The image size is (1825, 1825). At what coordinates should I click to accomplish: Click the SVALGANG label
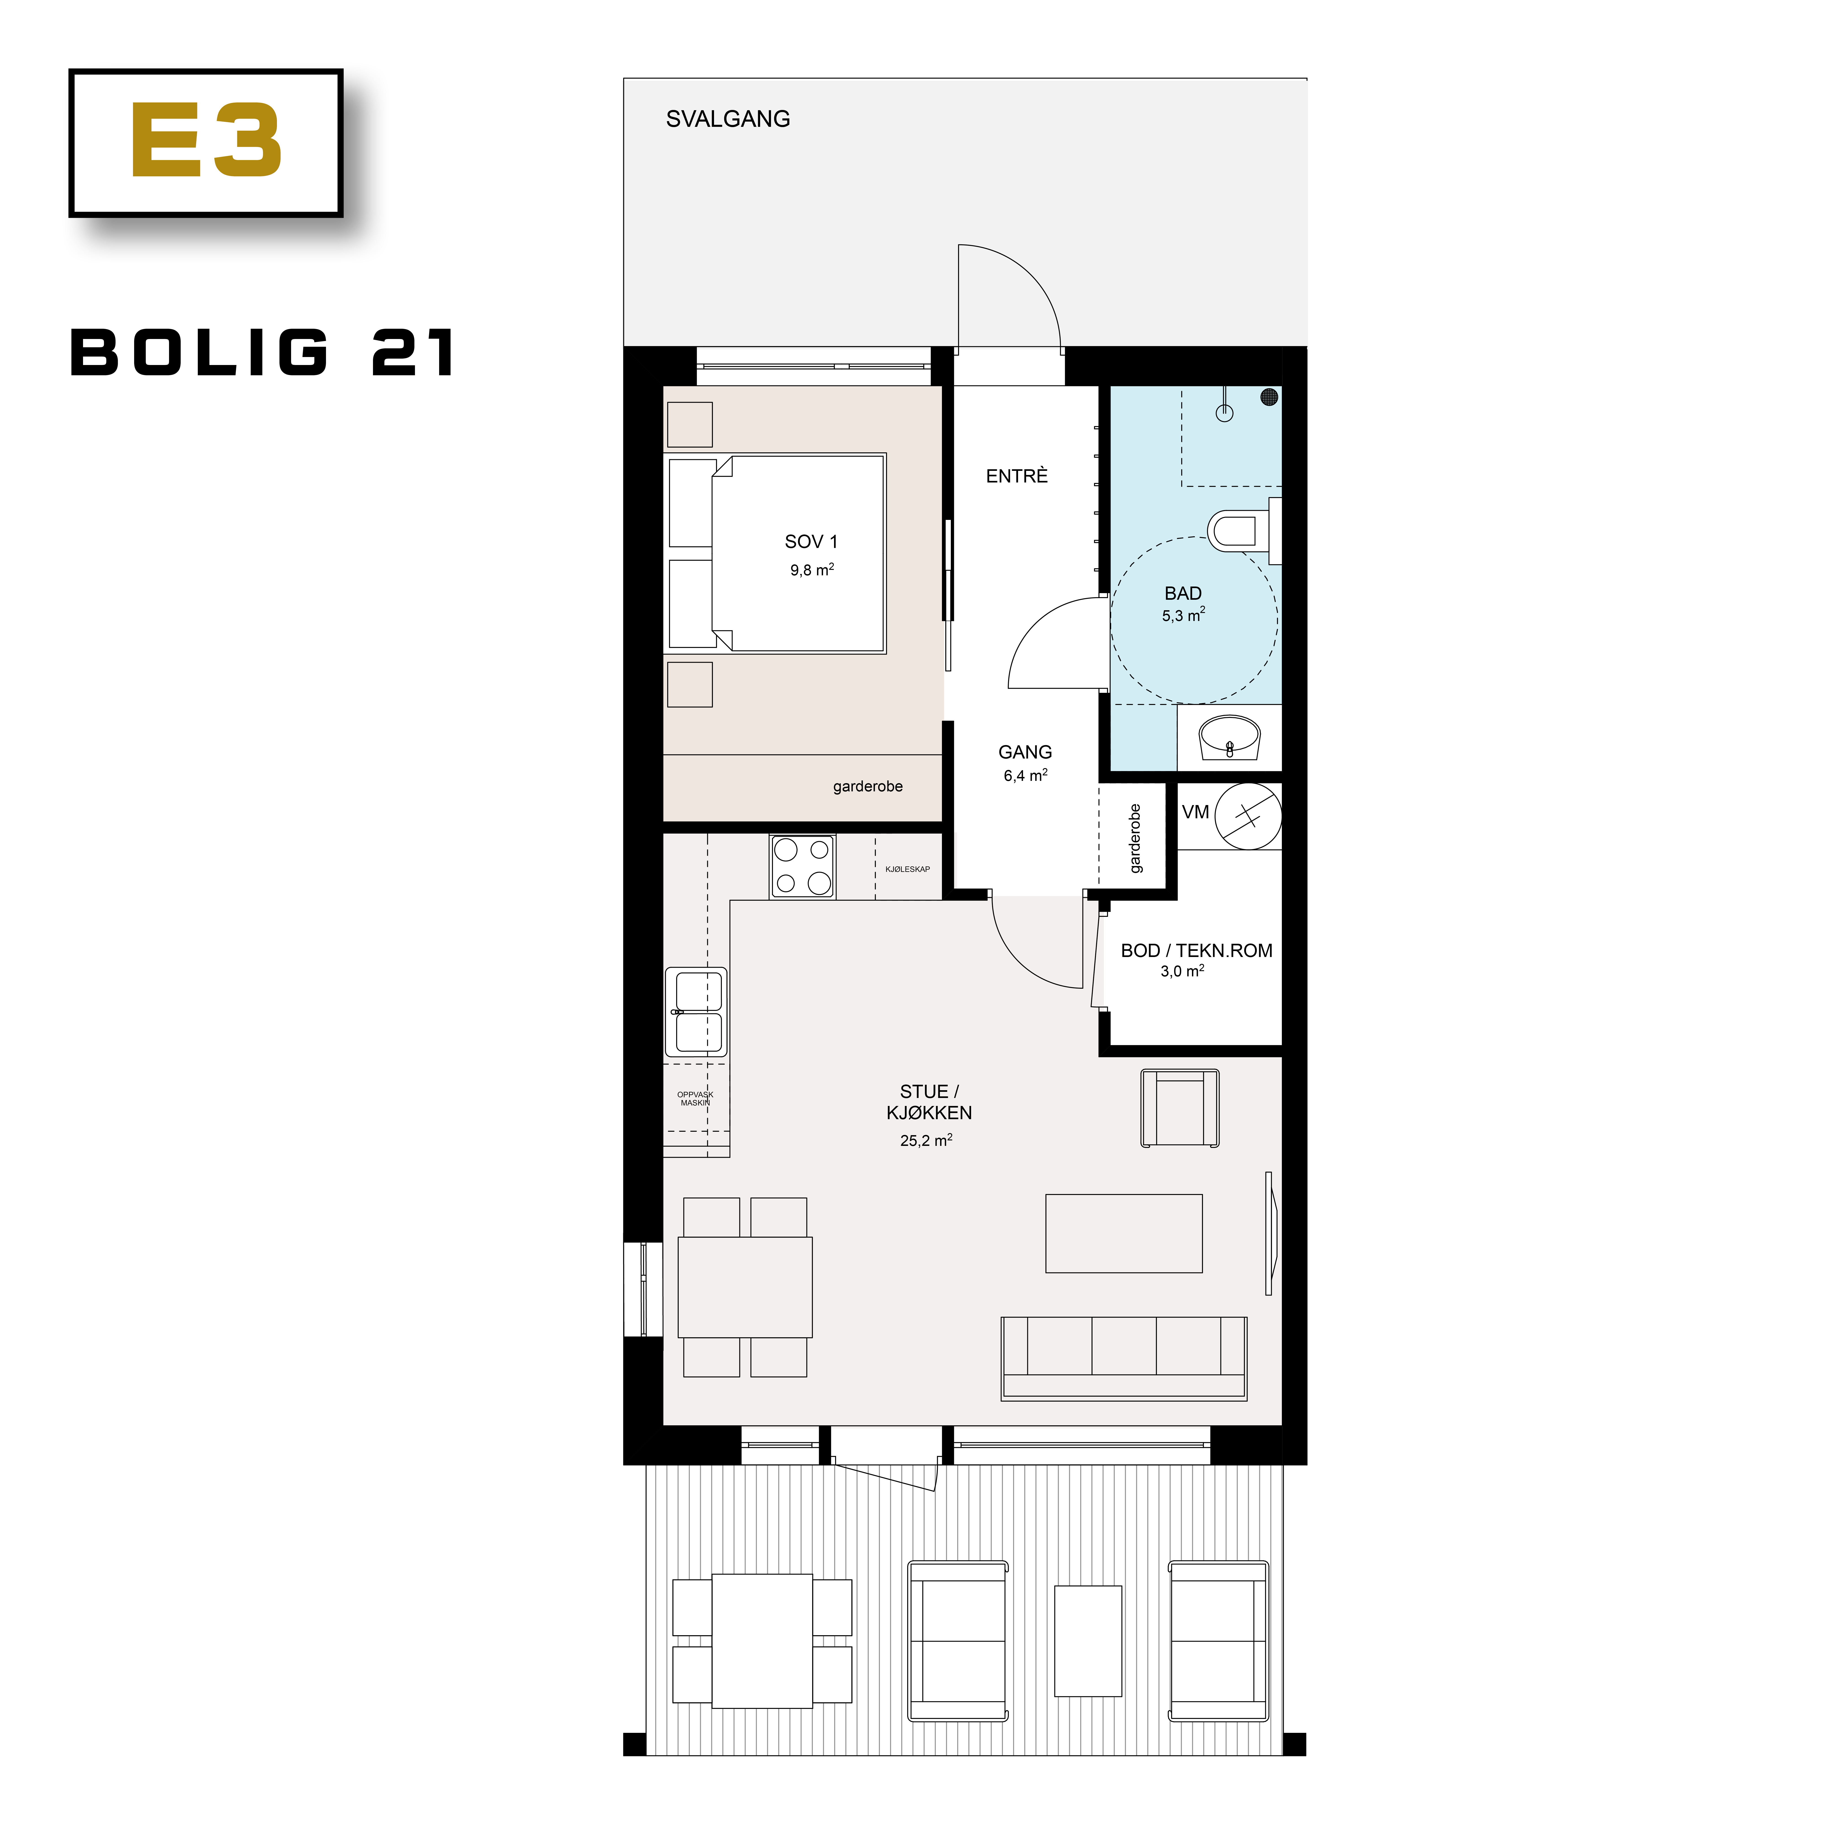(727, 119)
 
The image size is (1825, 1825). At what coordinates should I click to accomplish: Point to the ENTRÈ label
(1016, 476)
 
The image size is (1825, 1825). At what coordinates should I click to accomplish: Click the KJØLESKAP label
(907, 869)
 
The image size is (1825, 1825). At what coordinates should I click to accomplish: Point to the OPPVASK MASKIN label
(695, 1099)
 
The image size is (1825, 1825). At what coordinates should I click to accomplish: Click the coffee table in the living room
(1123, 1233)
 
